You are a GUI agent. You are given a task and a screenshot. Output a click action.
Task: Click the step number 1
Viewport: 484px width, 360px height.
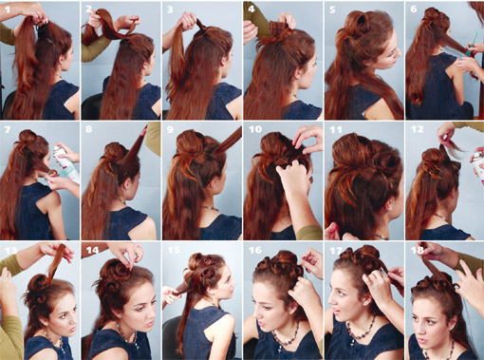tap(8, 9)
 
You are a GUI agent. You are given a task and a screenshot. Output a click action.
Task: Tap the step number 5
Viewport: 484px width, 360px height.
tap(332, 9)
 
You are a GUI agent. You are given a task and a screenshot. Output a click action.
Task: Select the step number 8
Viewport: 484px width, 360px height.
tap(88, 129)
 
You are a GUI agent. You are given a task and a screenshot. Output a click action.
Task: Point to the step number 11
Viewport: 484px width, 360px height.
tap(336, 129)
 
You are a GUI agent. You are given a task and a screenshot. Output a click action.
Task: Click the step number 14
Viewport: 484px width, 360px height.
tap(92, 251)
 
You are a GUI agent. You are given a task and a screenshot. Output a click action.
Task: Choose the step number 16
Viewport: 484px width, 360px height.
tap(255, 251)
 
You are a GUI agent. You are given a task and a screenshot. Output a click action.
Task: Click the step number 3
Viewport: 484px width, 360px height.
tap(170, 9)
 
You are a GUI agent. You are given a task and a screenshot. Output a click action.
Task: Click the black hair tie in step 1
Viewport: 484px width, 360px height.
tap(41, 25)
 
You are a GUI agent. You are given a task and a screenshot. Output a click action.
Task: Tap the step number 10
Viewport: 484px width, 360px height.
tap(255, 129)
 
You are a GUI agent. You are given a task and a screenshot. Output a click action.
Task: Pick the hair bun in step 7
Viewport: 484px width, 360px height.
tap(28, 138)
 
